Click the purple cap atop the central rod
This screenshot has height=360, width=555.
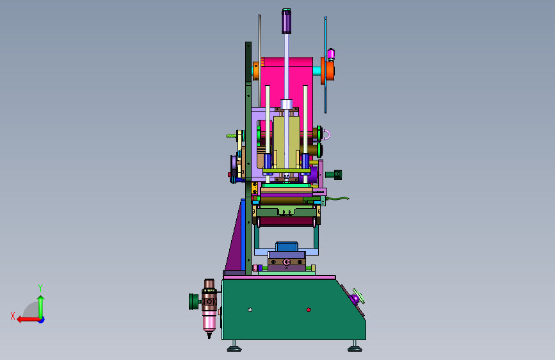(286, 21)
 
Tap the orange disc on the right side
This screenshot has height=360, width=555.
(329, 71)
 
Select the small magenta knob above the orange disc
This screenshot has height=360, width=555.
(330, 54)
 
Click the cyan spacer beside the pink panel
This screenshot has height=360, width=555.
(317, 71)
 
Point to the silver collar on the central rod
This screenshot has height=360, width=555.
(286, 104)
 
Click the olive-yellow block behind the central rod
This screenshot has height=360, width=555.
(286, 142)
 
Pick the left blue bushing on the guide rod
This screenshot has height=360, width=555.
(268, 161)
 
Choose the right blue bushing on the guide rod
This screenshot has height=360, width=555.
(305, 161)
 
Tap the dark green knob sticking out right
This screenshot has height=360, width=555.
(334, 175)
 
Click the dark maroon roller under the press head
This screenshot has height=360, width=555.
(286, 222)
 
